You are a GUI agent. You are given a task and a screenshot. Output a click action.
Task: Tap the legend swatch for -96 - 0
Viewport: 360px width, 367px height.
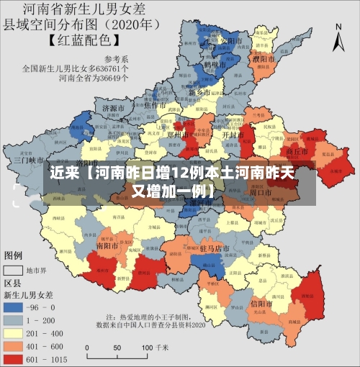pos(14,307)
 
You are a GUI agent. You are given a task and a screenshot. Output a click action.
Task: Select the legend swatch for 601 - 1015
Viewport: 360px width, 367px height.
pos(14,358)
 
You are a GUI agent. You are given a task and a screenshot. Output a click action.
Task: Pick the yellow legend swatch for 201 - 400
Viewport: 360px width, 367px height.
pos(14,333)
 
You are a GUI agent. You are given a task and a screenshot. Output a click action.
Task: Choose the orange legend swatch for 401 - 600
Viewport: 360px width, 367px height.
pos(14,346)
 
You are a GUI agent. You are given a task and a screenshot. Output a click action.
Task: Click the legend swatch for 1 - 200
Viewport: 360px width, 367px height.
pos(14,320)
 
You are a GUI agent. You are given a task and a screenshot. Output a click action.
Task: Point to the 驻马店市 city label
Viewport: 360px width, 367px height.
pos(215,248)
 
